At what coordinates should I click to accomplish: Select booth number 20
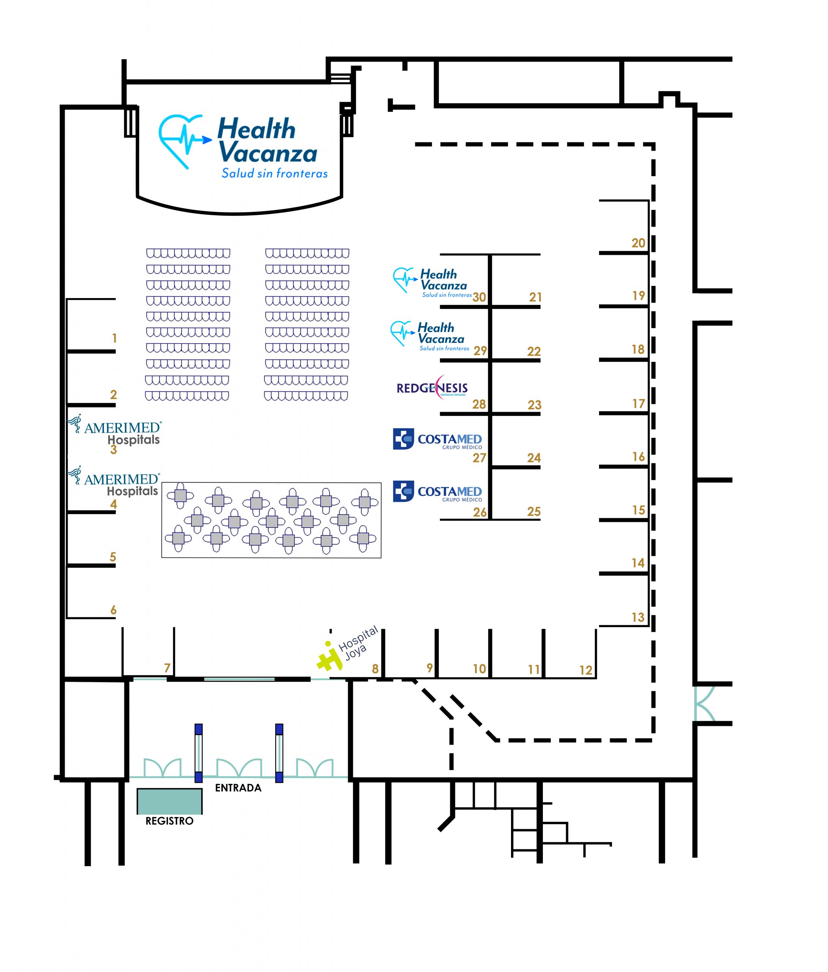[x=638, y=243]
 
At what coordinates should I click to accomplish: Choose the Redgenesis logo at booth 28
[x=432, y=388]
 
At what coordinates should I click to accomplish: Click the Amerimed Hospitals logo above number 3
[x=115, y=429]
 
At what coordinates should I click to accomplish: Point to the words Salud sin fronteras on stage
[x=274, y=174]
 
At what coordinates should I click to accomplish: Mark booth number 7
[x=167, y=668]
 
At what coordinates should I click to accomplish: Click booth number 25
[x=534, y=512]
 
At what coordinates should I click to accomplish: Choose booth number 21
[x=535, y=297]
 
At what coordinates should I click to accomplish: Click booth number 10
[x=479, y=669]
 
